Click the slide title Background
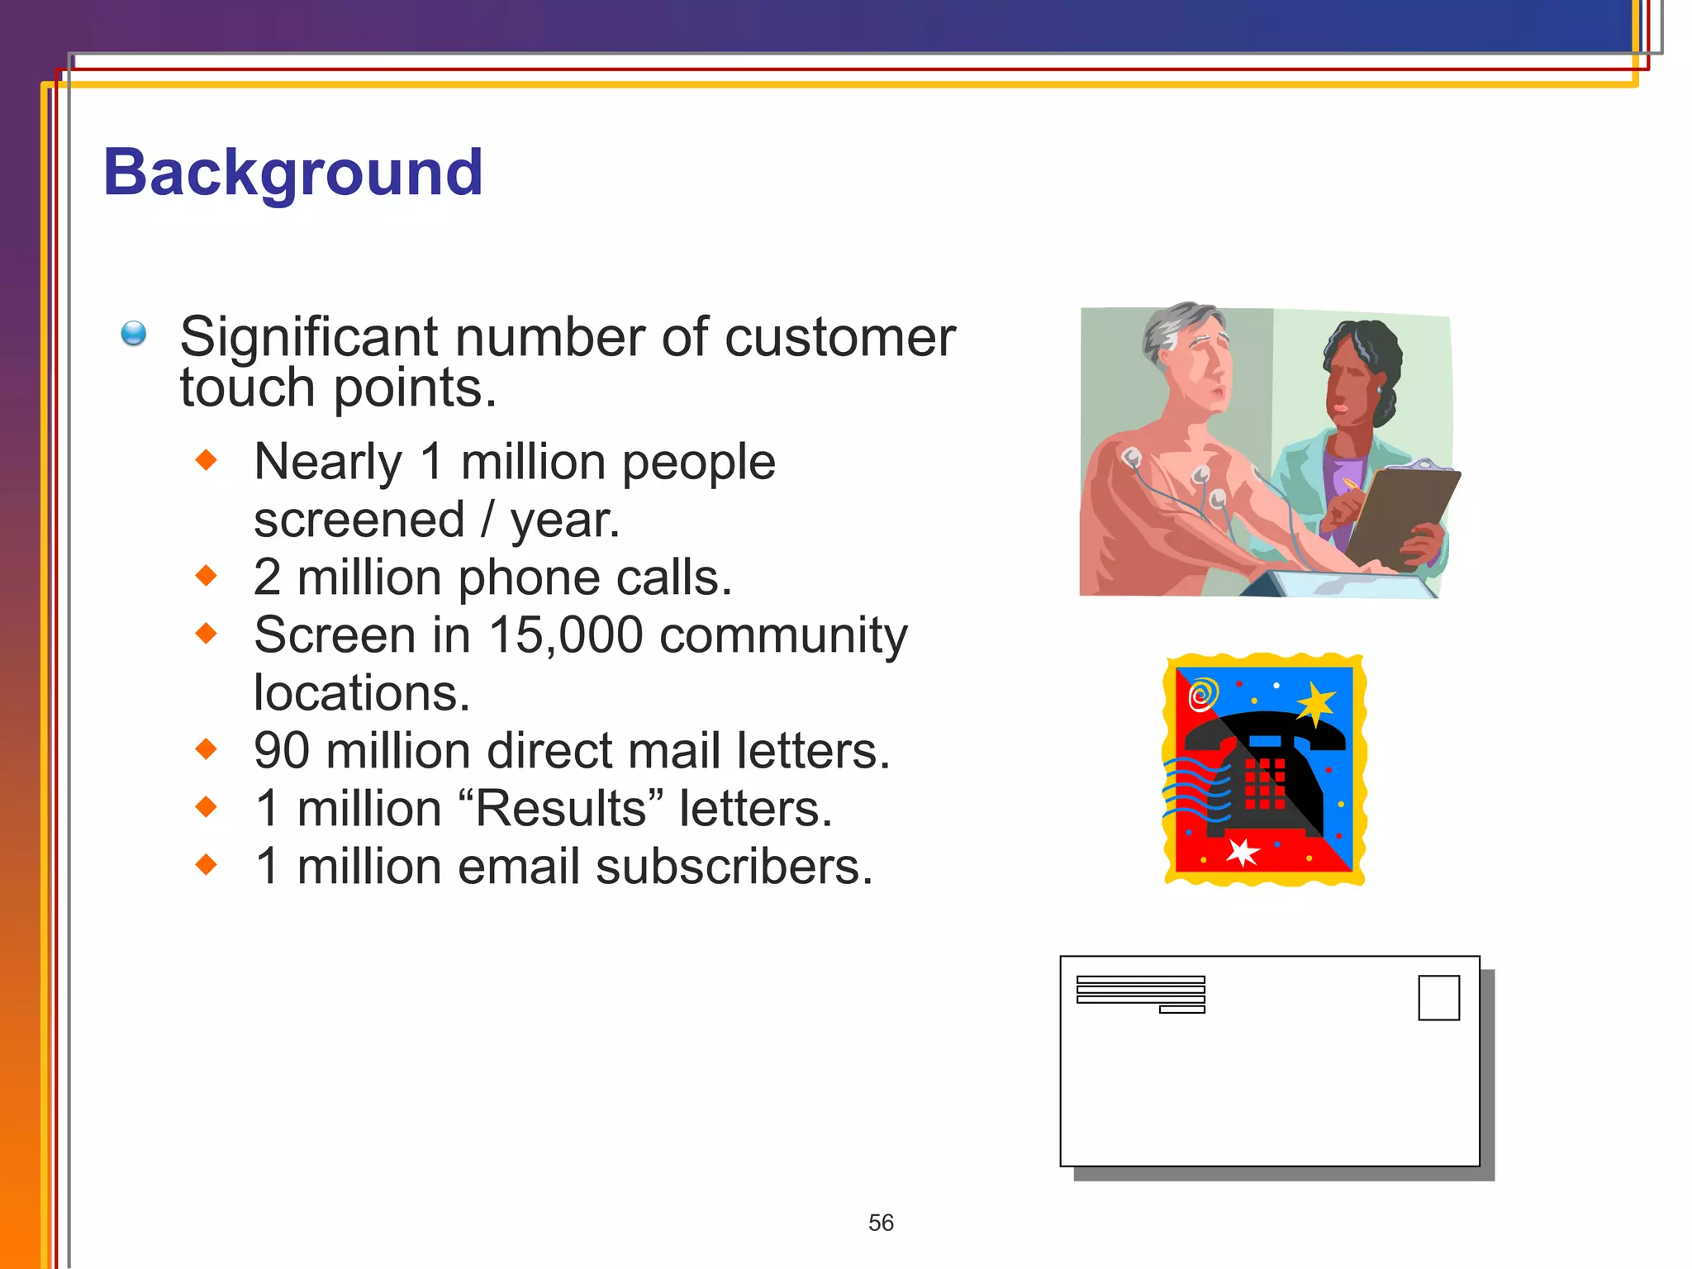coord(293,173)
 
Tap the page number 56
coord(881,1223)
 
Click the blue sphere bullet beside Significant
coord(134,334)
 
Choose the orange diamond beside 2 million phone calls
coord(207,576)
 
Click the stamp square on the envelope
coord(1438,998)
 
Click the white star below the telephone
coord(1241,852)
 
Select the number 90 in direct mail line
coord(281,751)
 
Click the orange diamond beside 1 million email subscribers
coord(207,865)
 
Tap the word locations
coord(362,693)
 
